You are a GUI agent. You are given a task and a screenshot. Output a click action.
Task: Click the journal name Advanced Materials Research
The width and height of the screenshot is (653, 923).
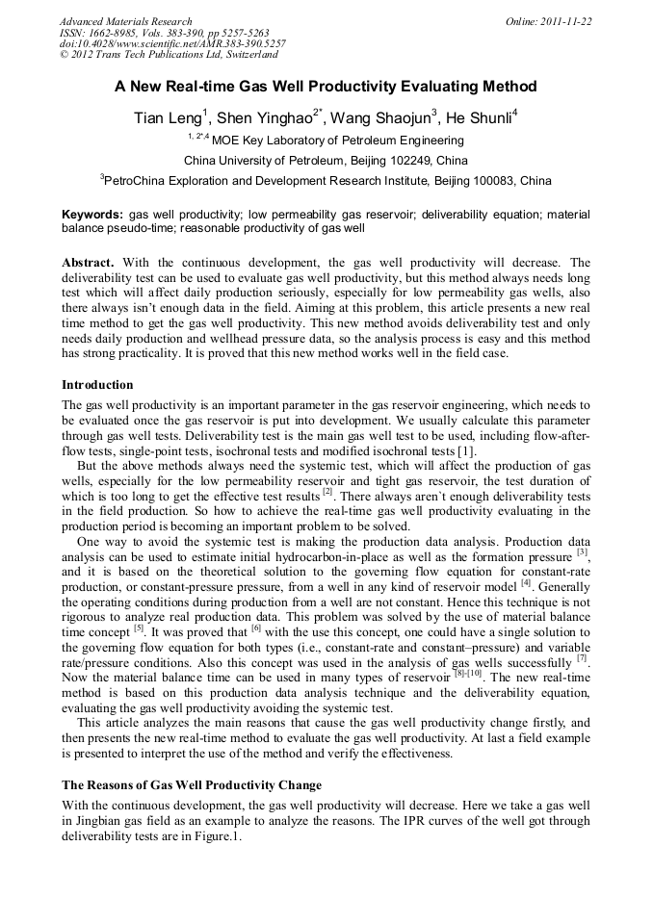[125, 21]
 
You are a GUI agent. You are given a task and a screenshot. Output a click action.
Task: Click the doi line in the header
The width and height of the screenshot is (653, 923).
[172, 43]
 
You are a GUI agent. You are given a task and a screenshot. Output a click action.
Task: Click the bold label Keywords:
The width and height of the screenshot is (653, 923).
[92, 215]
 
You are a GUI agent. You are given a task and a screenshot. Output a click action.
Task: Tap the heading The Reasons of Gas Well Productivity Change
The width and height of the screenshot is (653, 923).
[192, 784]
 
